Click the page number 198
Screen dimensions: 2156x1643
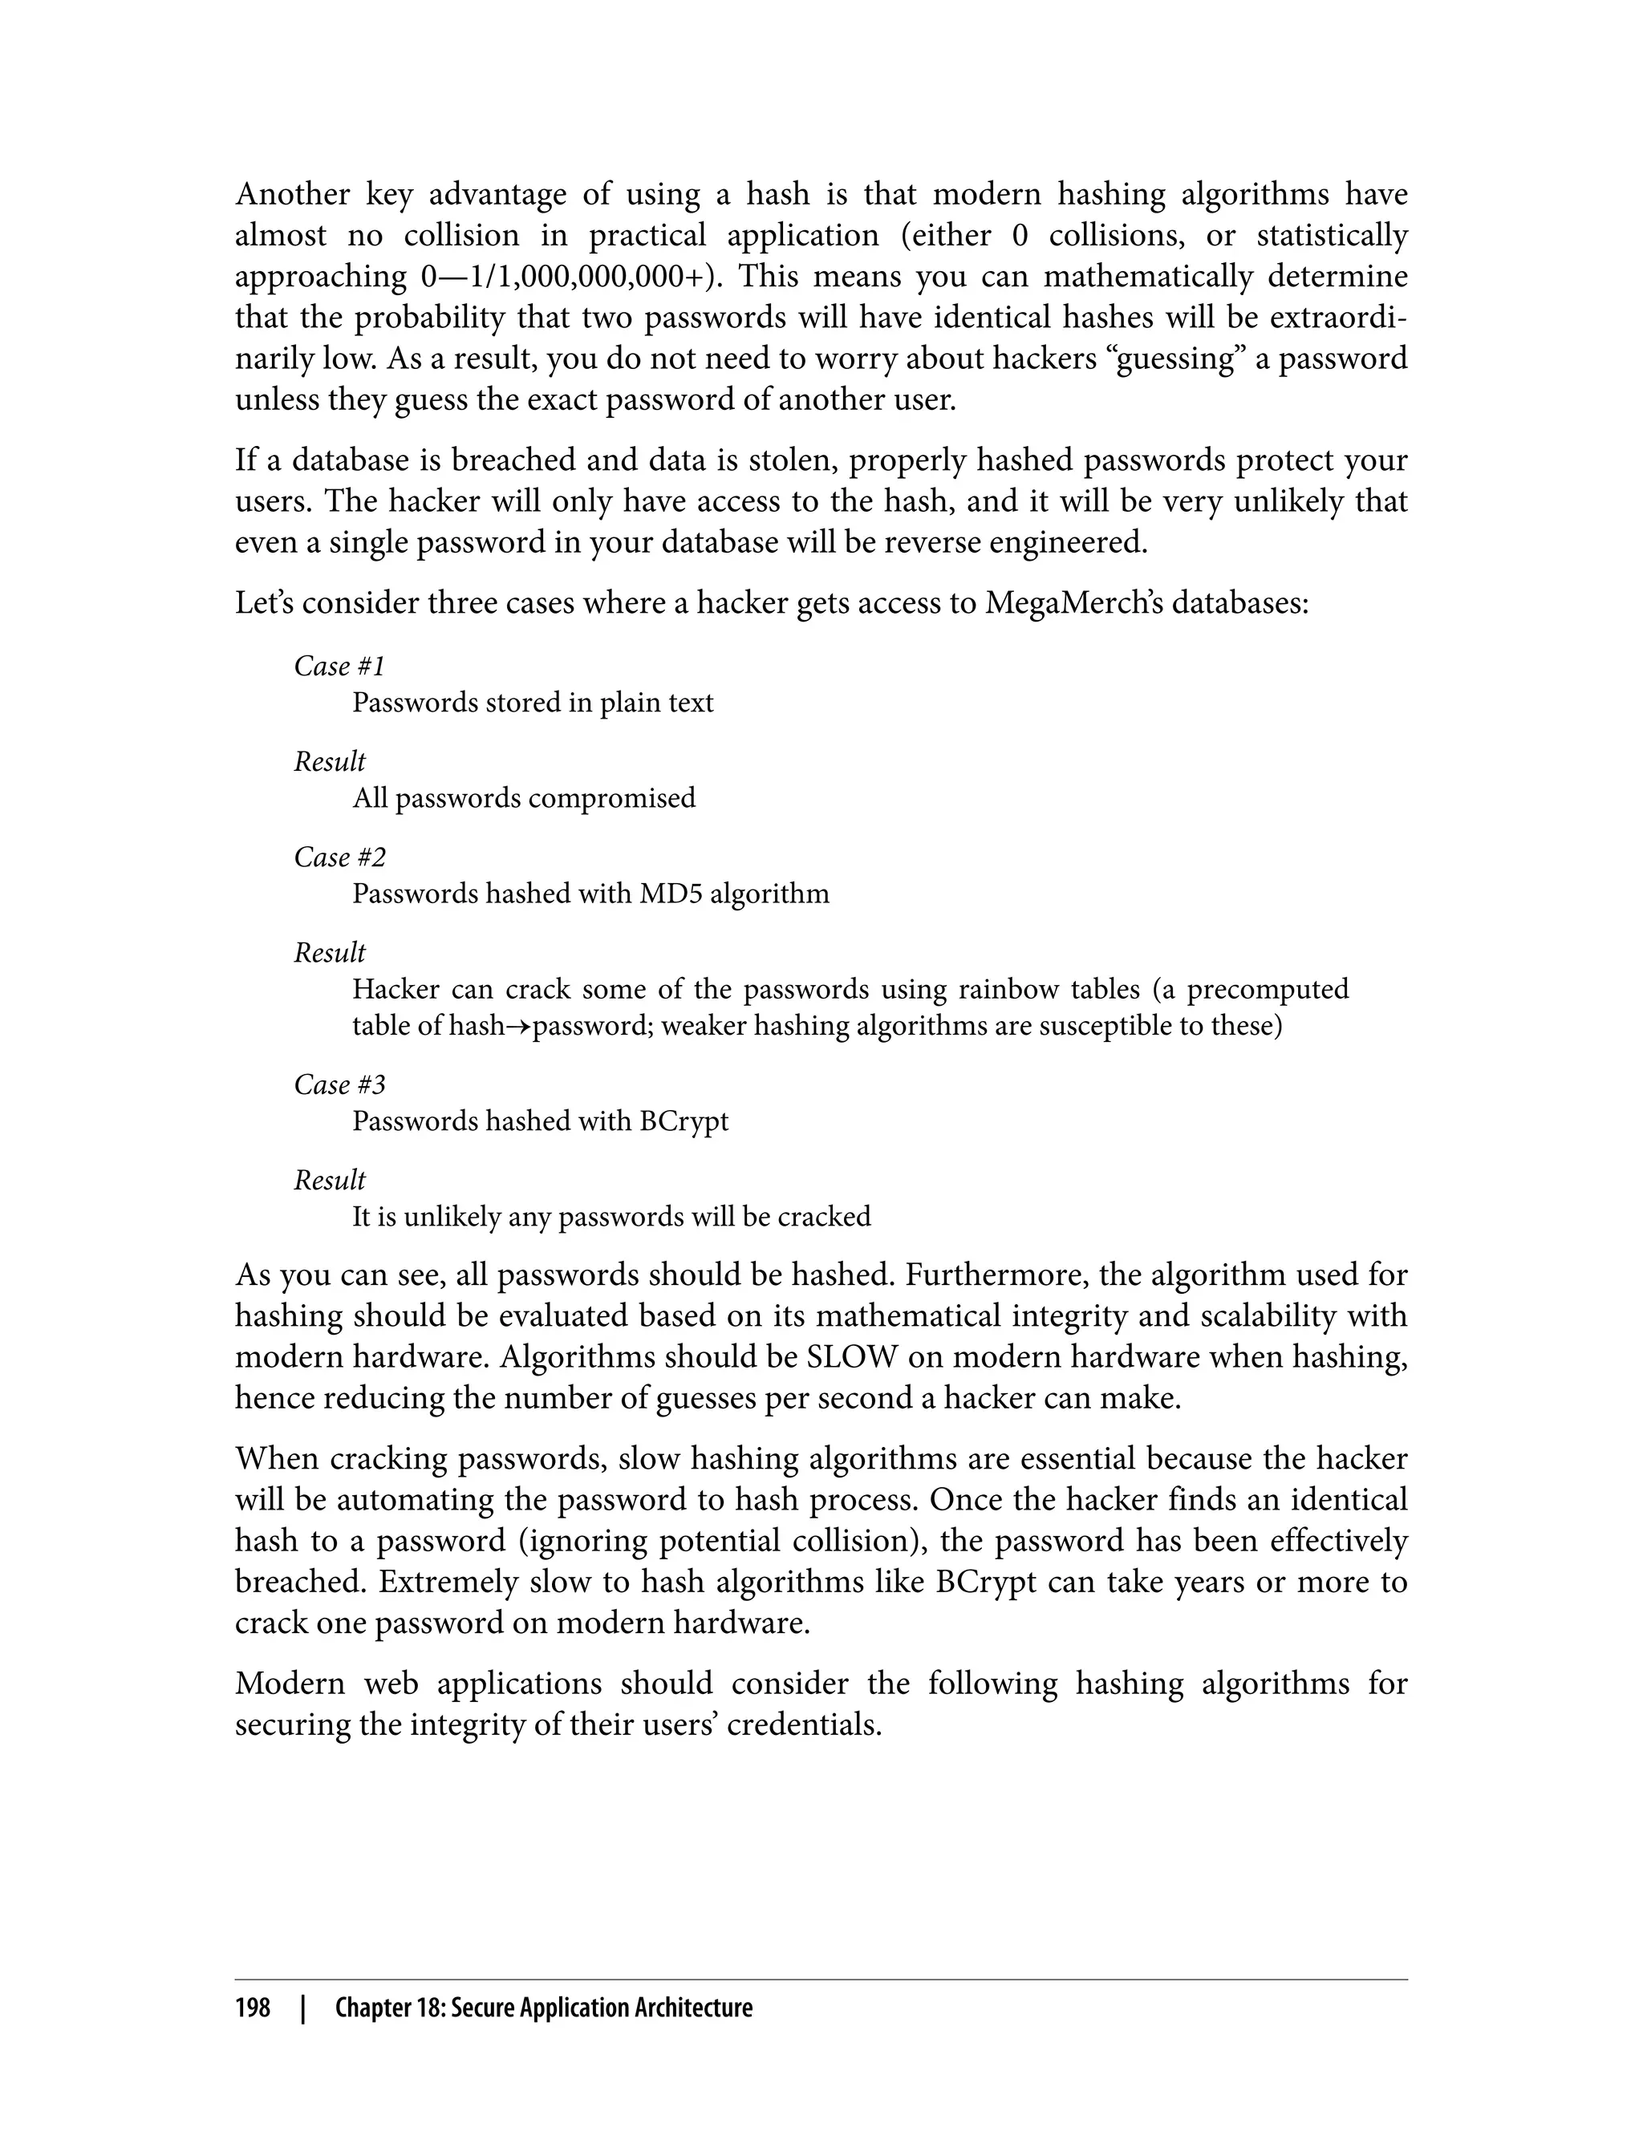pyautogui.click(x=253, y=2008)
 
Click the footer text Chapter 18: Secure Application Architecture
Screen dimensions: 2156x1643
pyautogui.click(x=544, y=2008)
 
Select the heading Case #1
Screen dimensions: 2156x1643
pyautogui.click(x=339, y=666)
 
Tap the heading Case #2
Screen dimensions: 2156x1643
pyautogui.click(x=339, y=857)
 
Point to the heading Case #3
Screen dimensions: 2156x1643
pyautogui.click(x=339, y=1084)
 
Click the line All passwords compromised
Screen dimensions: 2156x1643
pyautogui.click(x=524, y=798)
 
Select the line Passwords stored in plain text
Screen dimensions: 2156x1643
pyautogui.click(x=533, y=703)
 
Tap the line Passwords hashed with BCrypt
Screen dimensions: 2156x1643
pyautogui.click(x=540, y=1121)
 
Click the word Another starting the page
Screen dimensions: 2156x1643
pyautogui.click(x=292, y=195)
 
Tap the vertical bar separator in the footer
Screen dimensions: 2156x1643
pyautogui.click(x=303, y=2008)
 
